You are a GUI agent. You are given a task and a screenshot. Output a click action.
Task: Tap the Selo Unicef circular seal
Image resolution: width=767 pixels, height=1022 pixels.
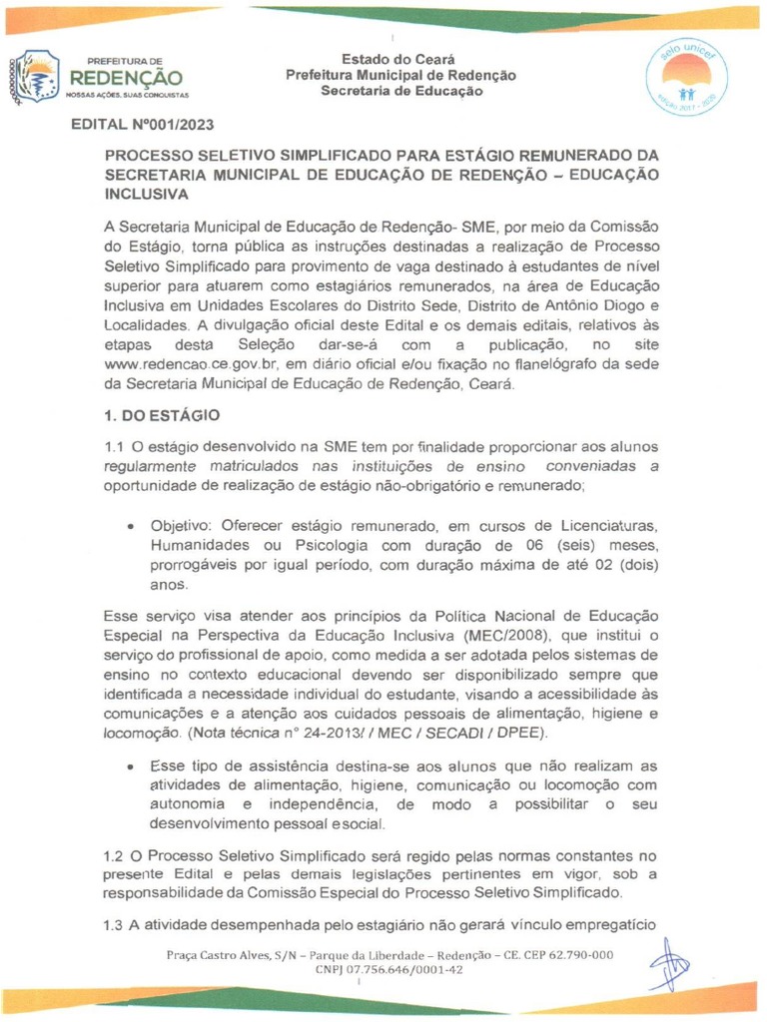[x=686, y=77]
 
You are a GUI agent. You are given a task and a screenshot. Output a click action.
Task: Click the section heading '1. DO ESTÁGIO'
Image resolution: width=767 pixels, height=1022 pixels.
[x=161, y=414]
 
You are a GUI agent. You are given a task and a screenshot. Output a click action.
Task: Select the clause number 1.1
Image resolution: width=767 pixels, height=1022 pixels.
[x=115, y=446]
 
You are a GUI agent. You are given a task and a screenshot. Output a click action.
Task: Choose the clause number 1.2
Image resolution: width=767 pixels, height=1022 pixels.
[x=115, y=855]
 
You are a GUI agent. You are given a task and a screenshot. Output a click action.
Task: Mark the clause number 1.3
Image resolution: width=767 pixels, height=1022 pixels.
[x=115, y=923]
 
